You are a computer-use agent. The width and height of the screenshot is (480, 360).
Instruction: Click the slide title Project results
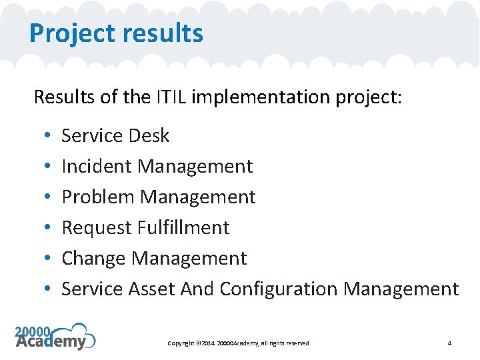coord(116,33)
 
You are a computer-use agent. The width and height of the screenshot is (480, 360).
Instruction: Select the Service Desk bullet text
coord(115,135)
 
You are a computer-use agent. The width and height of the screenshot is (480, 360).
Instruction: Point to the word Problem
coord(92,197)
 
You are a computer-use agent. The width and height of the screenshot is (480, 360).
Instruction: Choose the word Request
coord(96,227)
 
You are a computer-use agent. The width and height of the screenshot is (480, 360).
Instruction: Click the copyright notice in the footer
coord(239,343)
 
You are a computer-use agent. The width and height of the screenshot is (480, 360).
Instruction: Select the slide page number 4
coord(449,343)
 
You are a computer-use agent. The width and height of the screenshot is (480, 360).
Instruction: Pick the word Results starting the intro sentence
coord(62,97)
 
